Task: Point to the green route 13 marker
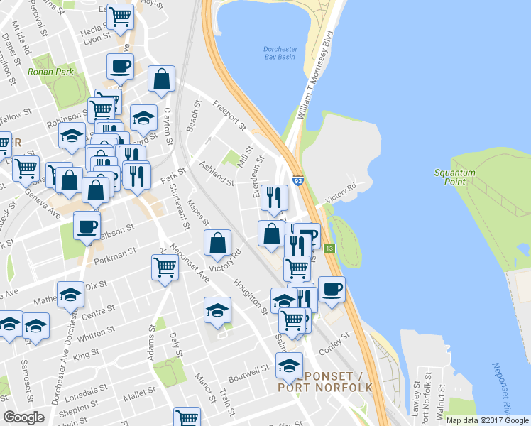(329, 248)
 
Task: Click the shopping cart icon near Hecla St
(120, 16)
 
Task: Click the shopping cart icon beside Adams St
(165, 268)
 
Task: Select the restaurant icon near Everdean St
(274, 197)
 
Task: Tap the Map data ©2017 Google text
(486, 420)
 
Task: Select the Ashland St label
(217, 173)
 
